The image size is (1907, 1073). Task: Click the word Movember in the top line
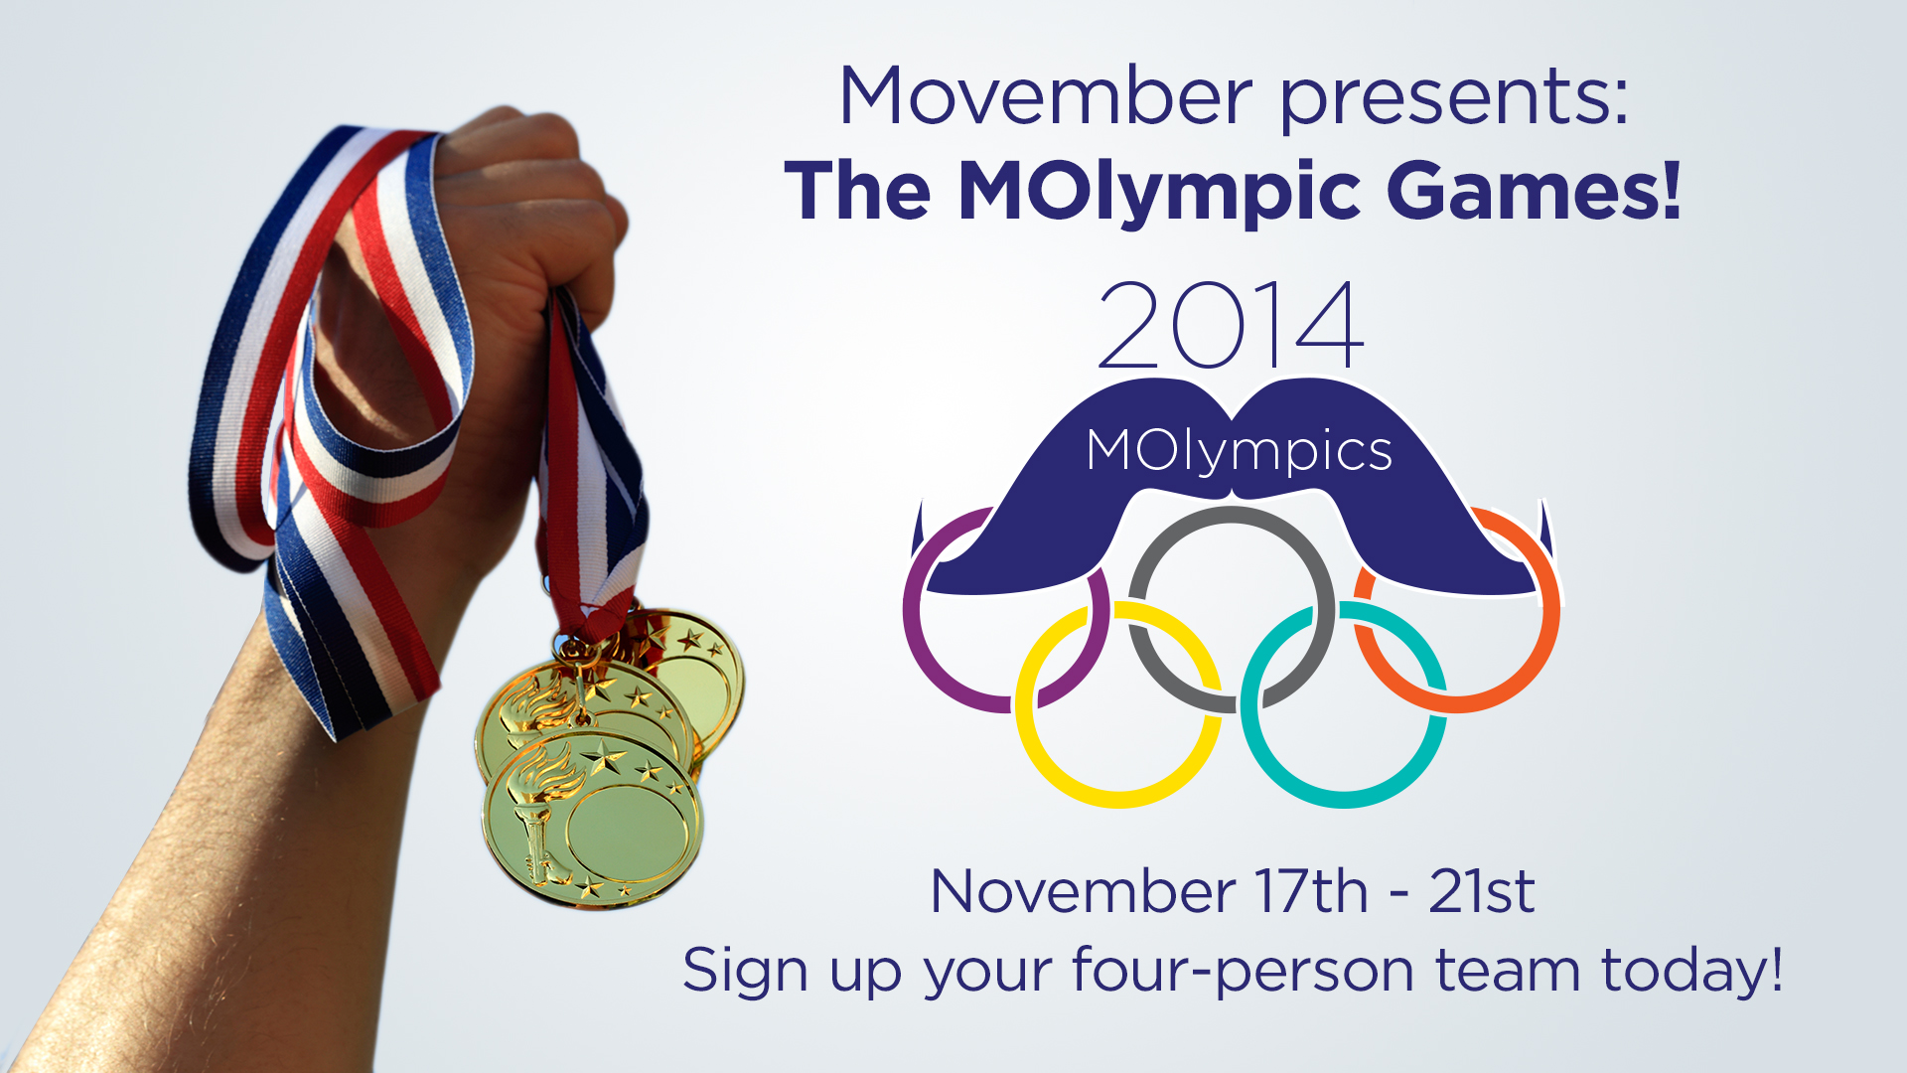[1046, 96]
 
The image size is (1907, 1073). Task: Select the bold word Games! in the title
[1535, 191]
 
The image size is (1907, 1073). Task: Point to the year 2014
[1231, 324]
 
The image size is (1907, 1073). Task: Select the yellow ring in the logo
[1117, 796]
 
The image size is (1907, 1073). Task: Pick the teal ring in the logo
[1343, 796]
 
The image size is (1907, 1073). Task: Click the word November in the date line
[1084, 891]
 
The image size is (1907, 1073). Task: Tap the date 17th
[1312, 890]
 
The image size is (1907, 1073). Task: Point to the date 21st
[1482, 890]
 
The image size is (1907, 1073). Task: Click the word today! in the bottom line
[1692, 970]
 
